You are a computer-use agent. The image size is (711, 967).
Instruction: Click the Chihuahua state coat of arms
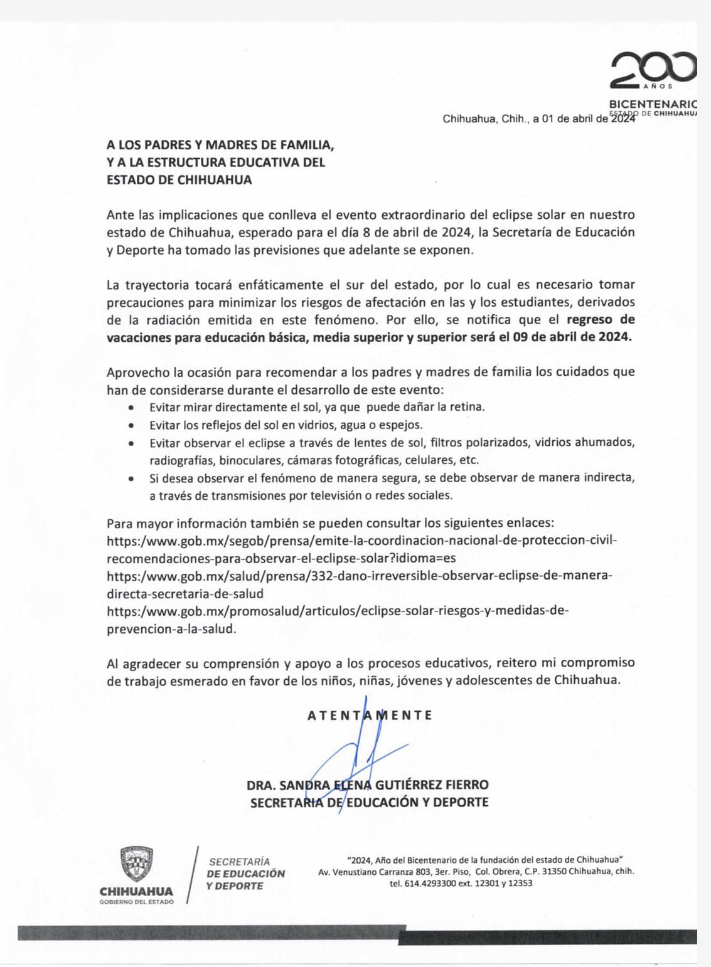pyautogui.click(x=137, y=864)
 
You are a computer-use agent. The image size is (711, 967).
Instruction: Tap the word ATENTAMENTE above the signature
pyautogui.click(x=370, y=715)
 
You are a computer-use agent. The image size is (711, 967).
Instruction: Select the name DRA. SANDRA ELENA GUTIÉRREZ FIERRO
pyautogui.click(x=368, y=785)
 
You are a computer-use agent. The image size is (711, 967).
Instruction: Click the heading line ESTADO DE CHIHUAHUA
pyautogui.click(x=179, y=179)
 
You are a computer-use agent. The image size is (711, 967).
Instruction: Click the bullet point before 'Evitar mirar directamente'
pyautogui.click(x=131, y=408)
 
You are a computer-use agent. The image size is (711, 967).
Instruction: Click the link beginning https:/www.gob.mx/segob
pyautogui.click(x=362, y=541)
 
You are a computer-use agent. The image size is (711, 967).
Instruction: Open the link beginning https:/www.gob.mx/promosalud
pyautogui.click(x=338, y=611)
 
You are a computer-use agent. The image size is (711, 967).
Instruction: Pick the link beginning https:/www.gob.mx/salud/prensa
pyautogui.click(x=359, y=576)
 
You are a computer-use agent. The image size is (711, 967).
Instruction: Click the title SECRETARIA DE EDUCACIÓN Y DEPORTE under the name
pyautogui.click(x=369, y=802)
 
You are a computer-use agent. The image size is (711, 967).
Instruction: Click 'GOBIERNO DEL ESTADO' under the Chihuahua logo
pyautogui.click(x=137, y=901)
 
